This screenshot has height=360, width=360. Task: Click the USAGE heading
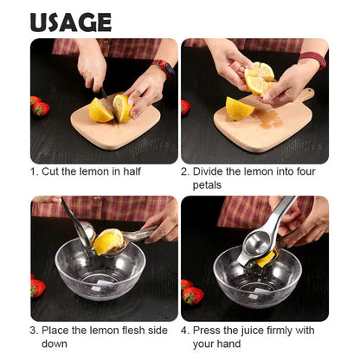click(x=70, y=22)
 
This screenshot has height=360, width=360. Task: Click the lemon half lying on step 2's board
click(x=240, y=108)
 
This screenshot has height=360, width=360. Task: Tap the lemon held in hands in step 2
click(x=260, y=79)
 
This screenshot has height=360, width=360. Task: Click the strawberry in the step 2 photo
click(x=185, y=107)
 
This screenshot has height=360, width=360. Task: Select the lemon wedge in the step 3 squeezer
click(x=108, y=241)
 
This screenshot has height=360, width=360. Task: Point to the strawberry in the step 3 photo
click(x=37, y=287)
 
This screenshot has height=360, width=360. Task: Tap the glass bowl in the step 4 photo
click(x=257, y=279)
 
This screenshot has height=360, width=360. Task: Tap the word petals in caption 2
click(x=207, y=184)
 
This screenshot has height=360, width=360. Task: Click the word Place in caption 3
click(x=56, y=330)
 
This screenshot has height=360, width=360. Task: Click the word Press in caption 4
click(x=208, y=330)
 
